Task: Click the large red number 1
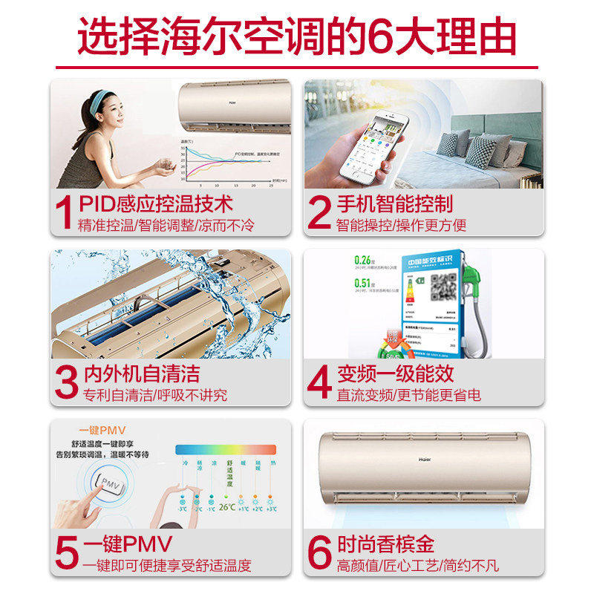point(65,212)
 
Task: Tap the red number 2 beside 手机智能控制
point(319,212)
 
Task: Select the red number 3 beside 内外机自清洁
point(65,382)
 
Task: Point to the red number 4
point(319,382)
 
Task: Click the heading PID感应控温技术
point(155,203)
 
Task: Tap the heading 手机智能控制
point(394,203)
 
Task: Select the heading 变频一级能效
point(394,373)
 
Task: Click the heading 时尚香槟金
point(385,543)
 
